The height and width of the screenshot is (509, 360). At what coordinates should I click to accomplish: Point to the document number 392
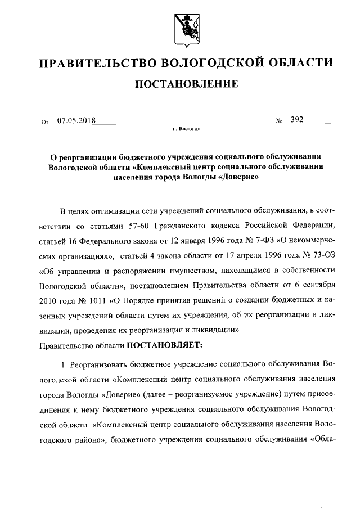coord(296,119)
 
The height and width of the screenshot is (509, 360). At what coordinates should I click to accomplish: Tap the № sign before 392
coord(278,120)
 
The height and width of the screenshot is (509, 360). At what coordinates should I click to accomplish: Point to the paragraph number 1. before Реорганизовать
coord(64,364)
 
